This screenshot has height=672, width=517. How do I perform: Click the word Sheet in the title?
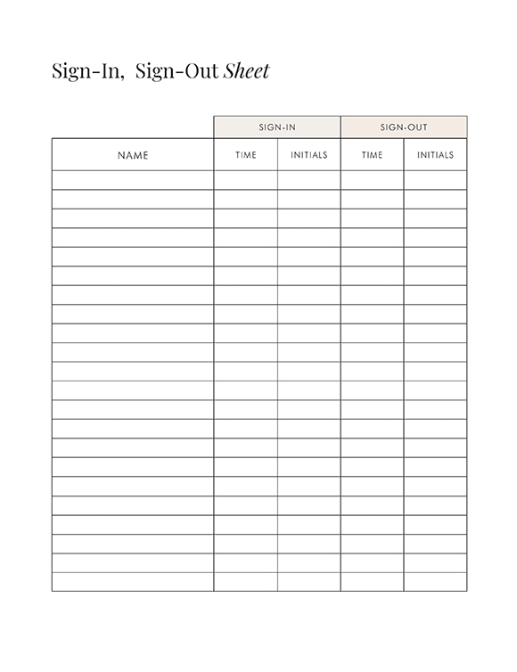[246, 71]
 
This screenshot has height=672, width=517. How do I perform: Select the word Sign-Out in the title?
[176, 71]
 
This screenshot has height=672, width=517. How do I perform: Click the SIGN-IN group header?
[277, 127]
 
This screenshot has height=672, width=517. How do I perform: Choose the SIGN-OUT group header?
[404, 127]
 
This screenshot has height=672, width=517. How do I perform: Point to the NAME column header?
[133, 155]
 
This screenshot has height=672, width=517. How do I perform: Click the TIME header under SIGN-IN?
[246, 155]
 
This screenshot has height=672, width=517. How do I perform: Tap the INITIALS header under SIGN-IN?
[309, 155]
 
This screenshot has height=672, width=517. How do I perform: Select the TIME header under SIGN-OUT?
[373, 155]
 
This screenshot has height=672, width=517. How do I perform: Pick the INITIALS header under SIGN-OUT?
[436, 155]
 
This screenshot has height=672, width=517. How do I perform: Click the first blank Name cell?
[133, 180]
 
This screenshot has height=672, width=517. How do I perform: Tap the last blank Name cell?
[133, 582]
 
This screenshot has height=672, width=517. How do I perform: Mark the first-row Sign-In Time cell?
[246, 180]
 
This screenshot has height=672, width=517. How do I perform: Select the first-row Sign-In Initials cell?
[309, 180]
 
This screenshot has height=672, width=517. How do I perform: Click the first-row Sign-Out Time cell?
[373, 180]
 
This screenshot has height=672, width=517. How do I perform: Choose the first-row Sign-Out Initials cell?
[436, 180]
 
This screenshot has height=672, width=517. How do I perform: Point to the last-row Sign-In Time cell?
[246, 582]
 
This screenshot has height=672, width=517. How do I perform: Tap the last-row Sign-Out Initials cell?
[436, 582]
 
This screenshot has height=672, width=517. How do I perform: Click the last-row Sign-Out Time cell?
[373, 582]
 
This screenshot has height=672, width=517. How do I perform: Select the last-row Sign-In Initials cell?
[309, 582]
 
